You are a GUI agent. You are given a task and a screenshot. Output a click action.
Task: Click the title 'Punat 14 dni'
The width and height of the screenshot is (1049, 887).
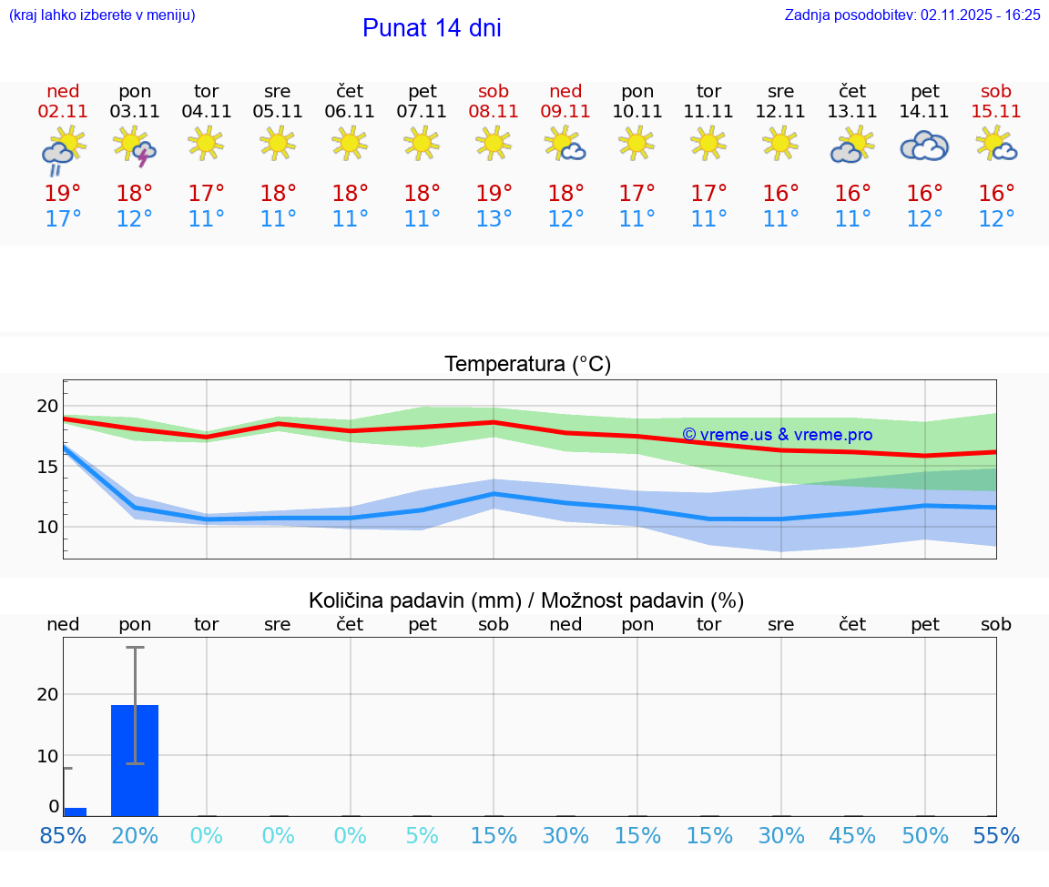pos(432,28)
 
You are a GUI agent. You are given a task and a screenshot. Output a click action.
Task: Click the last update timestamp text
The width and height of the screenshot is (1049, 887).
pos(912,15)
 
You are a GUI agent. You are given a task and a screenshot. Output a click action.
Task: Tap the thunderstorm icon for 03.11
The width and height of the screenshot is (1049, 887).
pos(135,146)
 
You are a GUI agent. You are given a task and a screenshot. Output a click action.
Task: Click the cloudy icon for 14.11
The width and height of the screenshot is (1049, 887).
pos(924,146)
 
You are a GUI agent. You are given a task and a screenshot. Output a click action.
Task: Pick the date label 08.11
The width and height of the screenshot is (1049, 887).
pos(494,111)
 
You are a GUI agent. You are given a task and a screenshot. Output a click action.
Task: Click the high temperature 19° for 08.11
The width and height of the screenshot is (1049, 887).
pos(494,194)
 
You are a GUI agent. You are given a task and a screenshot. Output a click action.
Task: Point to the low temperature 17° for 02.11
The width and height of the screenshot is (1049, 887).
pos(63,219)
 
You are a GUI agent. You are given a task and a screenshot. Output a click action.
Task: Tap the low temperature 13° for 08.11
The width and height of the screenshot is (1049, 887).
pos(494,219)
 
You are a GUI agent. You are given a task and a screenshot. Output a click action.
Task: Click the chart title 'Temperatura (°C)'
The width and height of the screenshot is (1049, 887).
pos(527,365)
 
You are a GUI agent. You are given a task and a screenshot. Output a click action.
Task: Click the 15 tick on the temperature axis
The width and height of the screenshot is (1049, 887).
pos(47,467)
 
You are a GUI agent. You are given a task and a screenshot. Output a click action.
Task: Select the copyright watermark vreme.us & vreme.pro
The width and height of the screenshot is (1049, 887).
pos(777,435)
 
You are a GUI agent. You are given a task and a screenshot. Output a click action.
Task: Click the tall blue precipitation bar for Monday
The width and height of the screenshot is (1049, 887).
pos(135,760)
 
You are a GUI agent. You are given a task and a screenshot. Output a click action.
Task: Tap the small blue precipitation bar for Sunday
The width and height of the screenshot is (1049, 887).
pos(75,811)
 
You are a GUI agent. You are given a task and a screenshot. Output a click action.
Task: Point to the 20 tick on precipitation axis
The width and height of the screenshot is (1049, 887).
pos(47,694)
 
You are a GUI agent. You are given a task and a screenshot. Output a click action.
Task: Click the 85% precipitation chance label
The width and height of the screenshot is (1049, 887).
pos(63,836)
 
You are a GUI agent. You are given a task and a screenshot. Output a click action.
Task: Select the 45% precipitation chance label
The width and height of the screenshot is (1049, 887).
pos(852,836)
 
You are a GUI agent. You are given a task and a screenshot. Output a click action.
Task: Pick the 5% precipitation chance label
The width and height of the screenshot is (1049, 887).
pos(422,836)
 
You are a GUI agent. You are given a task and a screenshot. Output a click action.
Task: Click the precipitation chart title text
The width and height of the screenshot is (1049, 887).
pos(526,600)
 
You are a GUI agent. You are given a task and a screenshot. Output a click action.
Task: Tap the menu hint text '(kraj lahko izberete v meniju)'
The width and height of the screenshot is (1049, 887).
pos(102,15)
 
